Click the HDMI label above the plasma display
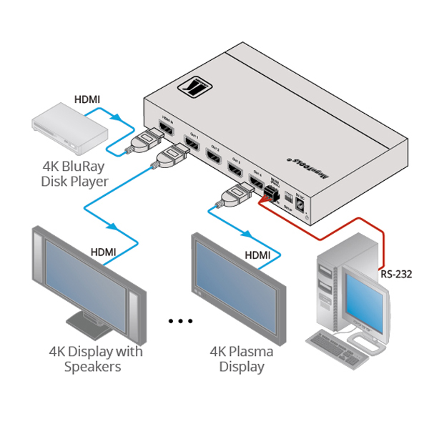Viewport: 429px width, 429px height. (x=257, y=255)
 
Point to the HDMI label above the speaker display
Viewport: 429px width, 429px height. (x=103, y=252)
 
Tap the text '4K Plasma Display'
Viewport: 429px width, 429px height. (x=237, y=359)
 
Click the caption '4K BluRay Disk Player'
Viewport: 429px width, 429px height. (x=75, y=174)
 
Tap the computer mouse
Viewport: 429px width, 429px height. (x=378, y=346)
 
